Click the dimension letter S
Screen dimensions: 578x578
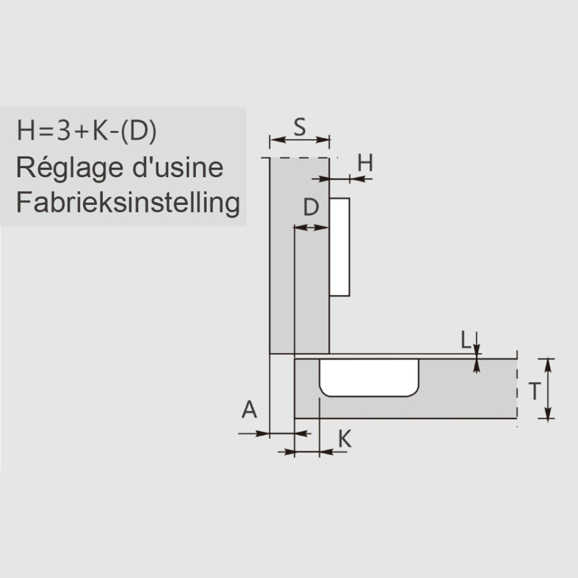coord(300,127)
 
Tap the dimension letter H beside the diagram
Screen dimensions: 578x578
coord(365,163)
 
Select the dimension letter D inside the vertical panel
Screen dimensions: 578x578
coord(311,207)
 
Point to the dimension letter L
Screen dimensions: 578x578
coord(466,339)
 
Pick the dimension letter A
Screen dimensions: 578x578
coord(249,410)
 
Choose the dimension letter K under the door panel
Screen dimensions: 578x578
coord(345,439)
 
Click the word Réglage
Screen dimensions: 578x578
coord(69,168)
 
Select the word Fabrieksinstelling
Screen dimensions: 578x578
coord(128,203)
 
